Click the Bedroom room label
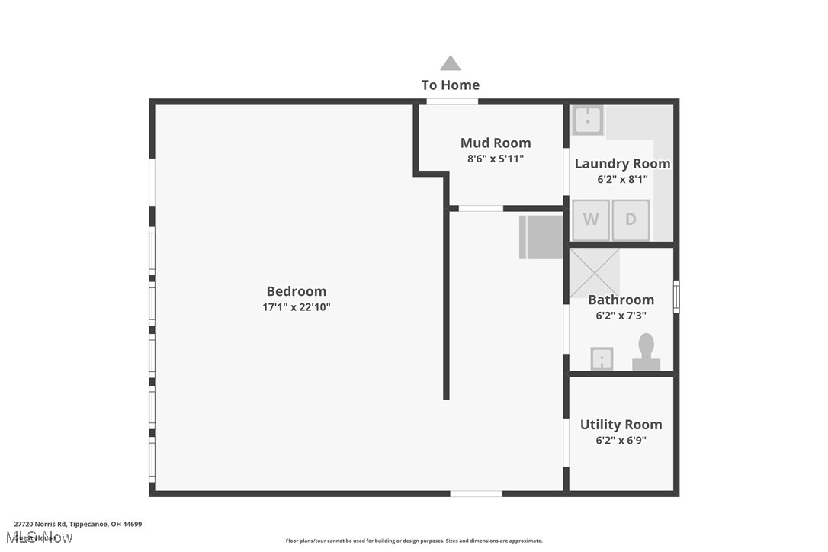pos(296,291)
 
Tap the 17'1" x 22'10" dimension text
pos(296,308)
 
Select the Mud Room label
pos(496,143)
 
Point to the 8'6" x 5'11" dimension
pos(496,159)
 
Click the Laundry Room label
pos(622,163)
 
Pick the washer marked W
pos(591,220)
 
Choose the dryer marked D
pos(631,220)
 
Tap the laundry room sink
pos(588,120)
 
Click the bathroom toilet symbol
pos(646,352)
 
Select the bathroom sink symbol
pos(602,358)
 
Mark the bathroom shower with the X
pos(595,272)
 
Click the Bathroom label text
pos(621,300)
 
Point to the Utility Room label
pos(621,425)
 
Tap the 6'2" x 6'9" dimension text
pos(621,441)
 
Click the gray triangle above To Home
pos(451,63)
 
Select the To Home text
pos(451,85)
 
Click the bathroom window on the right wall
pos(676,297)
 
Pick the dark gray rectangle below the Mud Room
pos(541,237)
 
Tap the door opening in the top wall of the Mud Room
pos(452,101)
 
